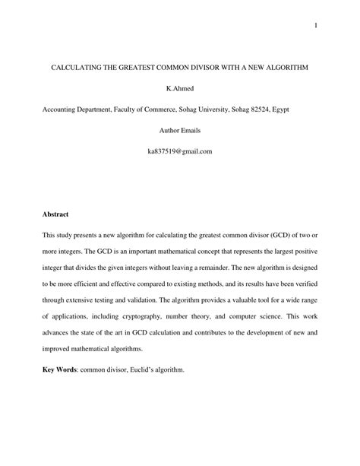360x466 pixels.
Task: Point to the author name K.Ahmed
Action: point(180,89)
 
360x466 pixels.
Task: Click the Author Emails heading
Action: point(180,131)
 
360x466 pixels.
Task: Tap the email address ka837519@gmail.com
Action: point(180,151)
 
